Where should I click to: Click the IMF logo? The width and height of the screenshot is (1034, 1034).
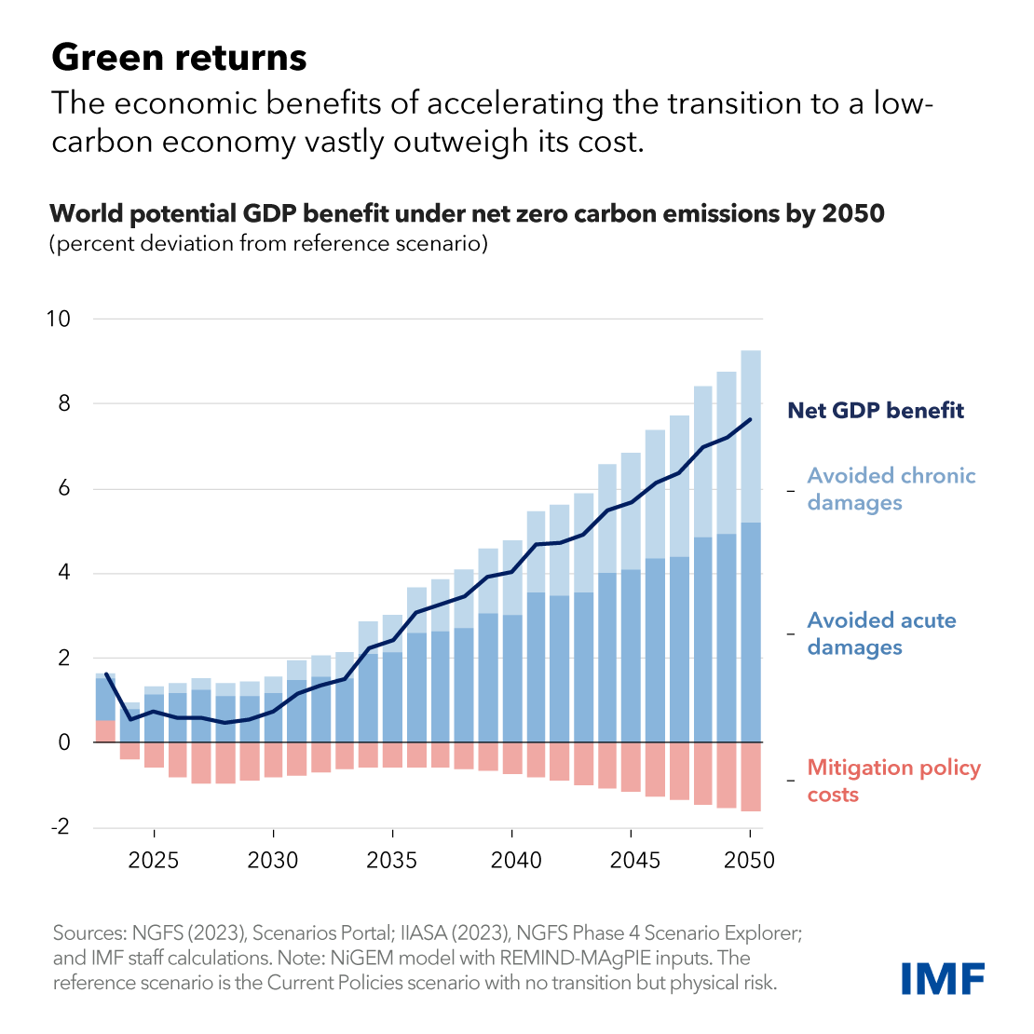tap(943, 978)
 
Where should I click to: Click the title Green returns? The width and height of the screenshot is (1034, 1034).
tap(179, 58)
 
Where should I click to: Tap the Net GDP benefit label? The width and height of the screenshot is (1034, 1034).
tap(876, 411)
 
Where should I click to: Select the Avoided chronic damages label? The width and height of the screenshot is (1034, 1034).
tap(891, 489)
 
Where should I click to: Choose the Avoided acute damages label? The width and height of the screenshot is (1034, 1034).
tap(881, 633)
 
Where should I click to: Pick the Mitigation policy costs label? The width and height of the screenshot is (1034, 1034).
tap(893, 781)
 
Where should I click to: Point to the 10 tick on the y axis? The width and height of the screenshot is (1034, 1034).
tap(58, 319)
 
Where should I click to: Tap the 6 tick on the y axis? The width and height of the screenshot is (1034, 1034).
tap(63, 489)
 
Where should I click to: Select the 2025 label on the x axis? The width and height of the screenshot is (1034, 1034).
tap(154, 860)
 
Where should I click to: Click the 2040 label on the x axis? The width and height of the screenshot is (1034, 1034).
tap(511, 860)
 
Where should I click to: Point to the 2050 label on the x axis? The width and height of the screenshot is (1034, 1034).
tap(750, 860)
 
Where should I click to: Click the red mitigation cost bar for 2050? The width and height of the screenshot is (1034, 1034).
tap(751, 777)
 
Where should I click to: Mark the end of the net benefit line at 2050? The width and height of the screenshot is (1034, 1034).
tap(751, 419)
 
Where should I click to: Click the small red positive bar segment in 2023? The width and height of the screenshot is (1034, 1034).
tap(105, 730)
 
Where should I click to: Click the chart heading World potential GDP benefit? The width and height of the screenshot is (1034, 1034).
tap(467, 213)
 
